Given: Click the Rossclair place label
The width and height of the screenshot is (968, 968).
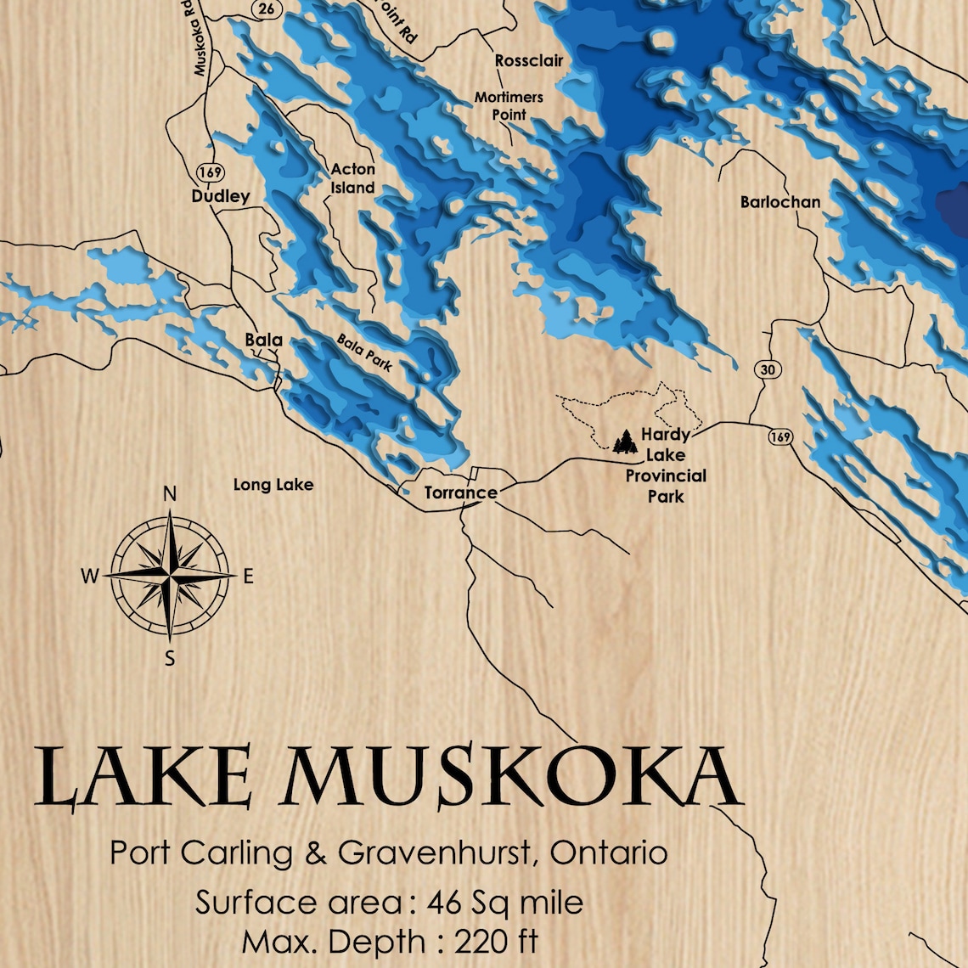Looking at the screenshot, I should click(528, 61).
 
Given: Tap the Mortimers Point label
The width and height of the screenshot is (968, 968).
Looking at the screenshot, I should click(509, 106).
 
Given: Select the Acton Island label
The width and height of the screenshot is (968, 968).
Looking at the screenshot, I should click(352, 178).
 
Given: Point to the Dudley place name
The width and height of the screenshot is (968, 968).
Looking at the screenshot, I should click(221, 197).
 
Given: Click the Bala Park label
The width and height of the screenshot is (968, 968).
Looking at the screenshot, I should click(364, 352).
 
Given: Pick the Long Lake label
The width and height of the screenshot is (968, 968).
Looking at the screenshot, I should click(273, 485).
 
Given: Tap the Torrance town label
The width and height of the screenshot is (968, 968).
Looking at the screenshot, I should click(460, 492).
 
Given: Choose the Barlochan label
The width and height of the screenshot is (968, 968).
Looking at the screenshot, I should click(780, 202).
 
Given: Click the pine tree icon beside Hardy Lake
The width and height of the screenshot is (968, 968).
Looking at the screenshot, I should click(625, 441).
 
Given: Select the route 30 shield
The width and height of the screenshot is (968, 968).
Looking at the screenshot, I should click(767, 369).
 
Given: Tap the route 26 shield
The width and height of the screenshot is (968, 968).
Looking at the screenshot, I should click(267, 9).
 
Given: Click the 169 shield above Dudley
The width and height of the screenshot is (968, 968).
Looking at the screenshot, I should click(210, 172).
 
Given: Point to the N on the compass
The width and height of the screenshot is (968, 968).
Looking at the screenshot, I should click(170, 494).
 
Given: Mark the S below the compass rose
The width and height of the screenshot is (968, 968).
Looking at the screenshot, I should click(170, 658).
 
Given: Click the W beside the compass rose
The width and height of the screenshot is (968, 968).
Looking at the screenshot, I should click(90, 577).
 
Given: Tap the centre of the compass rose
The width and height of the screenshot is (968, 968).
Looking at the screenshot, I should click(170, 576).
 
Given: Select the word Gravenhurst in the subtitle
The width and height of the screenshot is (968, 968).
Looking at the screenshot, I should click(434, 852).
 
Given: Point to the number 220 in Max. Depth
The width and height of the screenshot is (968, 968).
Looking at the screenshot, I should click(484, 942).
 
